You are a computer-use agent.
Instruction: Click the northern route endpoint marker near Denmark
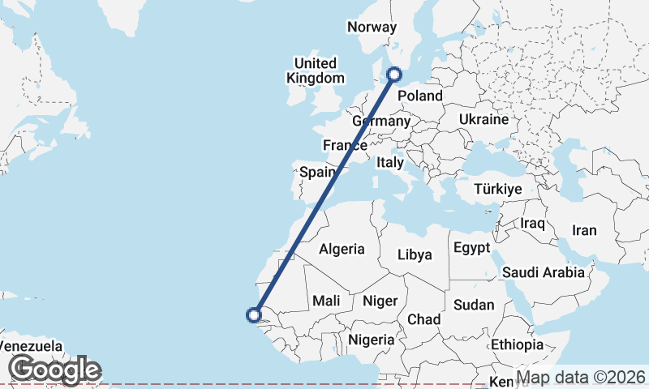click(395, 75)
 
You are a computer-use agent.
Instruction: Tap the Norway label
click(372, 27)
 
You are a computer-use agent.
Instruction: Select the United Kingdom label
click(316, 71)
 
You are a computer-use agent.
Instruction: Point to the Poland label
click(420, 96)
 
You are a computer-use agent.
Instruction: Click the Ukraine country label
click(484, 119)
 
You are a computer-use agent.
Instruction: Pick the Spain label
click(318, 172)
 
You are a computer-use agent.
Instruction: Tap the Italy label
click(390, 162)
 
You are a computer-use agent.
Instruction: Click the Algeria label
click(342, 249)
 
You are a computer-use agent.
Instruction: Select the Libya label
click(415, 254)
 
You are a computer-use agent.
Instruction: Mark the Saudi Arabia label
click(544, 272)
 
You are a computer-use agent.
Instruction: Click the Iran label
click(584, 230)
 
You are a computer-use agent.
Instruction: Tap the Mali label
click(326, 301)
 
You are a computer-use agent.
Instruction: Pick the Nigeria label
click(370, 340)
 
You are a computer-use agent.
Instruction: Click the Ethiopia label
click(517, 344)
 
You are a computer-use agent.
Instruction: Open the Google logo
click(55, 370)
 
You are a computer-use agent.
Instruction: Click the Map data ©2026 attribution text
click(581, 378)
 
